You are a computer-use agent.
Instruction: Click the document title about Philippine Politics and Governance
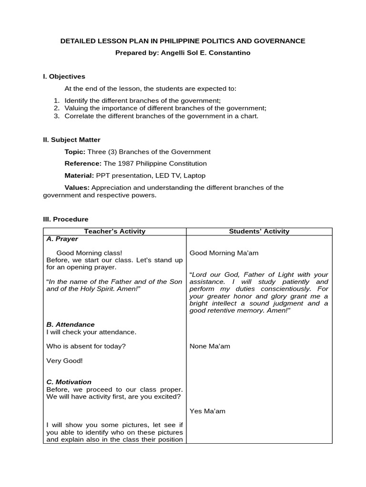click(183, 41)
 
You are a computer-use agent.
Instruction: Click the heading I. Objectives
click(64, 76)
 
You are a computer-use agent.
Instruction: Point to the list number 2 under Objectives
click(56, 108)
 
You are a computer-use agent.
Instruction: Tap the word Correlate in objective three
click(80, 116)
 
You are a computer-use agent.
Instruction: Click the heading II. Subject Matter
click(71, 139)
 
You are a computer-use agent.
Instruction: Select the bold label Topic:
click(75, 152)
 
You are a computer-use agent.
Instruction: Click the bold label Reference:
click(83, 163)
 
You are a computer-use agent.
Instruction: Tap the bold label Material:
click(80, 175)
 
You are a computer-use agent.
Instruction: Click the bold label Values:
click(77, 187)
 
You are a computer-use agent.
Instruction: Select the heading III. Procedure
click(66, 219)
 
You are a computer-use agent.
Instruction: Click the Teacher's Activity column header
click(114, 231)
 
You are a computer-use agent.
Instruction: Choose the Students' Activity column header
click(259, 231)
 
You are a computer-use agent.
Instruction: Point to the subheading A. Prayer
click(62, 239)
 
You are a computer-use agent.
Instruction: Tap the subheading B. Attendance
click(70, 324)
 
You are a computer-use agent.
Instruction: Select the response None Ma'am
click(210, 346)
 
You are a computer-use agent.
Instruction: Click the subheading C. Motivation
click(69, 382)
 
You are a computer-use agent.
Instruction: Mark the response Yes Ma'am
click(207, 411)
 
